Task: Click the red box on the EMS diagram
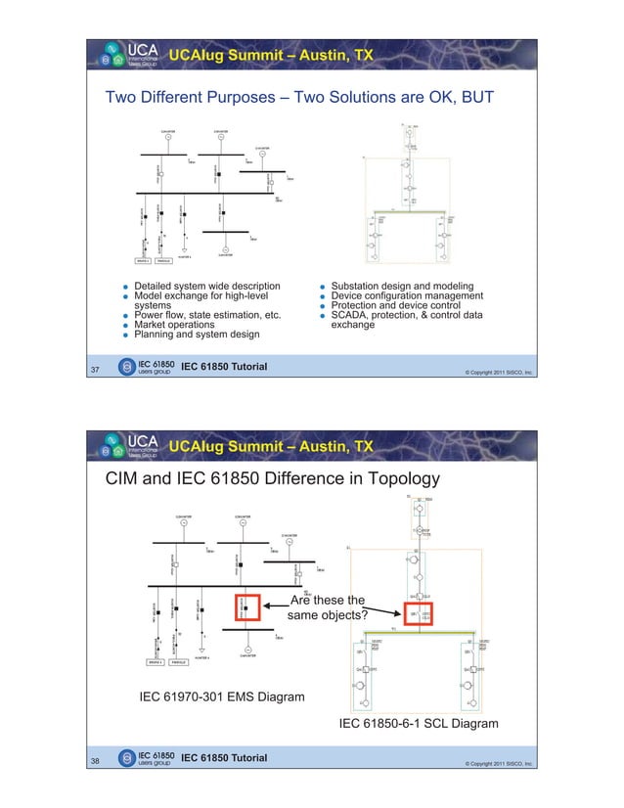(x=245, y=608)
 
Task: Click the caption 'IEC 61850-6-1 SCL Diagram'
(x=418, y=724)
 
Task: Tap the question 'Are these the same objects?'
(x=328, y=607)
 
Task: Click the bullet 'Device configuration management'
(x=406, y=295)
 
